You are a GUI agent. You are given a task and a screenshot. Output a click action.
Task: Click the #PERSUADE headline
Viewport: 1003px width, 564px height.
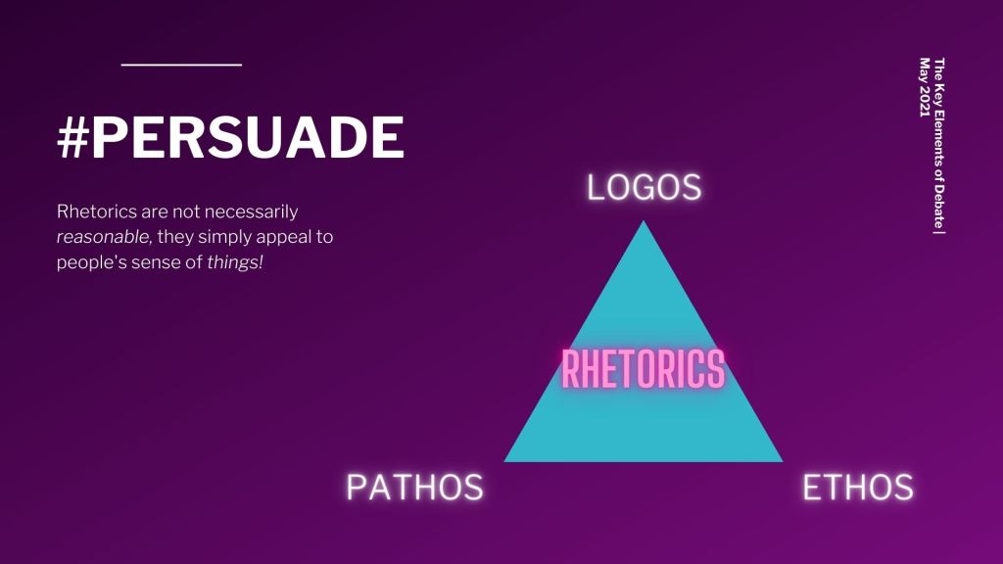(x=231, y=137)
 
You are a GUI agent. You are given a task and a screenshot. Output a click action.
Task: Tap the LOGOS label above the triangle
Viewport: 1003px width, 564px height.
(x=645, y=187)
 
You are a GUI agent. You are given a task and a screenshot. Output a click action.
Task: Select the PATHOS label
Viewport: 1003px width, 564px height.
(x=414, y=488)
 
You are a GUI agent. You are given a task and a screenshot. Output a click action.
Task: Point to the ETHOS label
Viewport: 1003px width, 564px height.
(x=858, y=488)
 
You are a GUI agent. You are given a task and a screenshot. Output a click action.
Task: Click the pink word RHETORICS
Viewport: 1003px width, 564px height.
(x=643, y=369)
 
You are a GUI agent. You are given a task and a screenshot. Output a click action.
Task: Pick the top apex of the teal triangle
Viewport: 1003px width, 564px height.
(x=644, y=221)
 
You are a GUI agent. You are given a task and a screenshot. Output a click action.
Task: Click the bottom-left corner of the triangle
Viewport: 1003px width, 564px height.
(x=504, y=461)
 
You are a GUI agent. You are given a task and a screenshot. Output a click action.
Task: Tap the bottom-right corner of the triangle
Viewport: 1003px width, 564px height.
(x=783, y=461)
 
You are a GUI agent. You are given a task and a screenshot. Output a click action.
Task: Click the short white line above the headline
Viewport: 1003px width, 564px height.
(x=181, y=65)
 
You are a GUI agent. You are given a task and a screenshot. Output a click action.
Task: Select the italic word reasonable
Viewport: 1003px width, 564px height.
(x=103, y=237)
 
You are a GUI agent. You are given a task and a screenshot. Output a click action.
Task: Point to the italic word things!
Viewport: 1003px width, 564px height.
(x=235, y=262)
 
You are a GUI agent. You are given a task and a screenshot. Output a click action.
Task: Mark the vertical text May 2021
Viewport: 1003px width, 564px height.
(x=925, y=87)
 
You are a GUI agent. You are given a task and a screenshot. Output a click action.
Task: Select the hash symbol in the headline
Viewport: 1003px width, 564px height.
(x=72, y=138)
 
